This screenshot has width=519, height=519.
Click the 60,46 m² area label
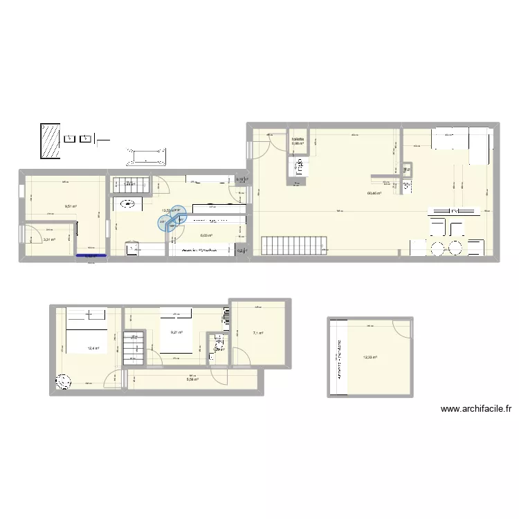[x=374, y=194]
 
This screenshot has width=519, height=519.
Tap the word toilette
[x=298, y=139]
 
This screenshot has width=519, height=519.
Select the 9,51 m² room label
[x=71, y=206]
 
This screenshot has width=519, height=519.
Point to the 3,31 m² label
[x=49, y=239]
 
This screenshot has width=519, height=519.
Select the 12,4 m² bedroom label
[x=93, y=348]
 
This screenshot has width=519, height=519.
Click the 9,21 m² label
[x=176, y=332]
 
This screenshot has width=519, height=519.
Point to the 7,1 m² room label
[x=257, y=334]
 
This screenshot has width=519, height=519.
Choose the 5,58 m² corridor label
[x=192, y=379]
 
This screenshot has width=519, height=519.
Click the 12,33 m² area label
[x=372, y=357]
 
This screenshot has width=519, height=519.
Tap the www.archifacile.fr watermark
[x=476, y=409]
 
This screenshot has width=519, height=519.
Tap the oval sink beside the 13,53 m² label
[x=128, y=203]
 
